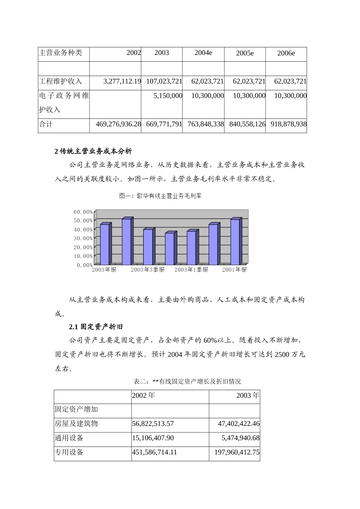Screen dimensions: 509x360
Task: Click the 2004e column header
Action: click(203, 53)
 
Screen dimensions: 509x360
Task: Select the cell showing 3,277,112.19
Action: click(122, 81)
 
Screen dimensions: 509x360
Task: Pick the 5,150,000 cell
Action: click(168, 96)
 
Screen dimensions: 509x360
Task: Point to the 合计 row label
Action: click(46, 124)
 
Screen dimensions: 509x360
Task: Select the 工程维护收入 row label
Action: click(61, 81)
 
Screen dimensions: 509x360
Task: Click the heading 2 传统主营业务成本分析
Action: click(93, 151)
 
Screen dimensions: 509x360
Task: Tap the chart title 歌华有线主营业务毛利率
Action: click(160, 196)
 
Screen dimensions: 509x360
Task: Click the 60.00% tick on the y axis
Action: click(83, 212)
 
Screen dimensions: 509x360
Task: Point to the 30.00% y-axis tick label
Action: click(83, 238)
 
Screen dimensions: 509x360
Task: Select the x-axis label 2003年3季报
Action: click(148, 270)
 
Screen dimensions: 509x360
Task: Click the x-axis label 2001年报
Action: click(234, 270)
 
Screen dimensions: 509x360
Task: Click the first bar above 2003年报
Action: click(105, 244)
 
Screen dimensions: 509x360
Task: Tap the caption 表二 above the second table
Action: click(187, 381)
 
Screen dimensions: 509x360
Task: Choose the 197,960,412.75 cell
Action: click(239, 452)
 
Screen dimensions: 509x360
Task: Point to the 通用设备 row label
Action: click(69, 438)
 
